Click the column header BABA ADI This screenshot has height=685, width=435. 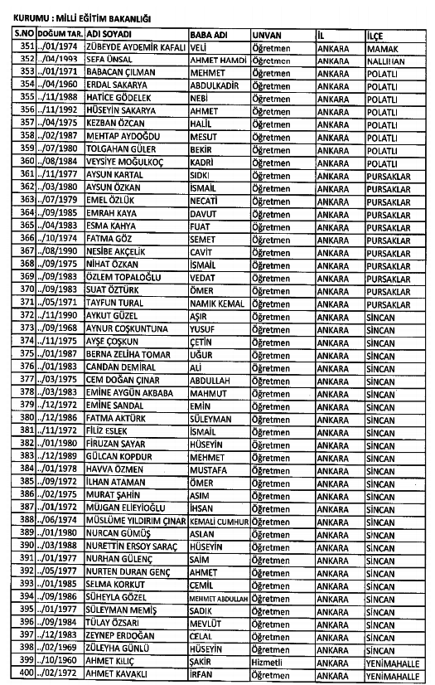coord(207,36)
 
